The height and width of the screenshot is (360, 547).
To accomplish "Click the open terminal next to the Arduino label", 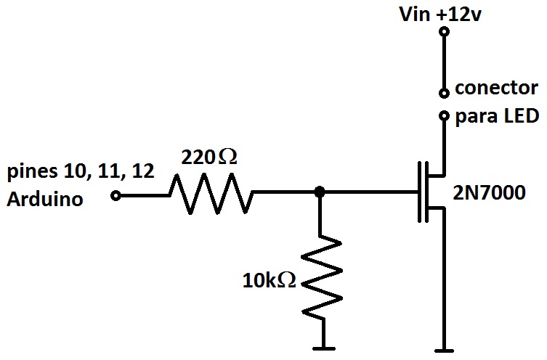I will tap(116, 195).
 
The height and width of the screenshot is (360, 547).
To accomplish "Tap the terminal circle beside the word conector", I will tap(442, 93).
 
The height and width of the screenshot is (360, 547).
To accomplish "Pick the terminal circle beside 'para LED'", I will tap(442, 116).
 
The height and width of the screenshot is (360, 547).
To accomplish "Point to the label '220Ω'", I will tap(210, 157).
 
